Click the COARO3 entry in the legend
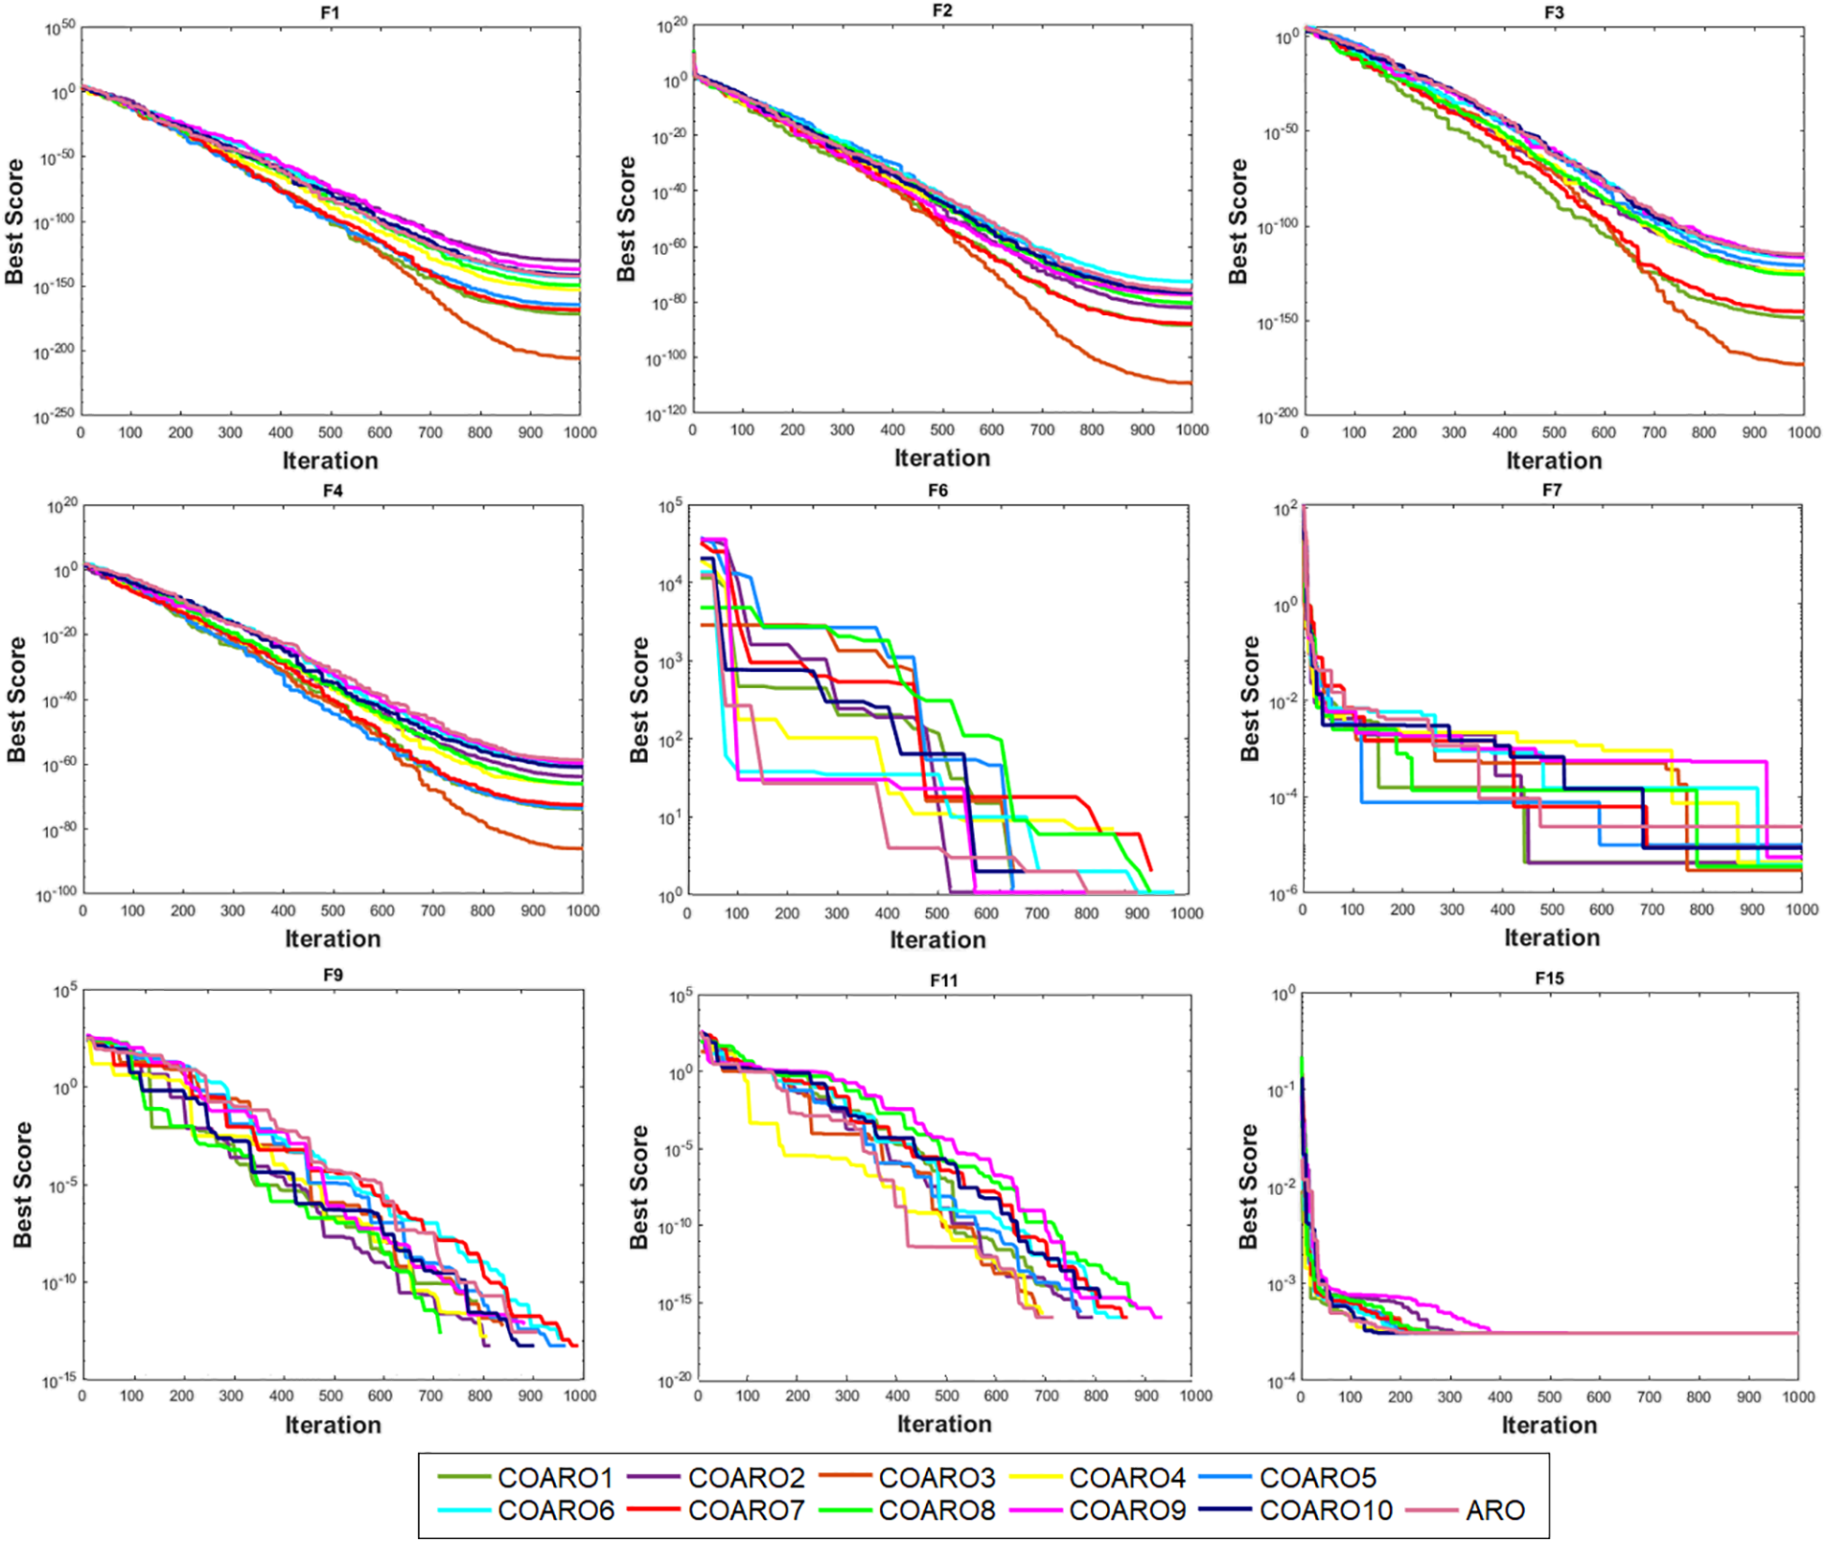936,1478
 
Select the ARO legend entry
1494,1510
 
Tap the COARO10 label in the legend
1325,1510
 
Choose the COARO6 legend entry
555,1510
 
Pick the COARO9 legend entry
1127,1510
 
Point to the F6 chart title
937,491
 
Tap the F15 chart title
1549,978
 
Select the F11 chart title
943,980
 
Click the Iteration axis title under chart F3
1554,461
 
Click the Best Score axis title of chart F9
23,1185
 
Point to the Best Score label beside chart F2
626,219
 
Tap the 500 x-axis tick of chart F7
1552,909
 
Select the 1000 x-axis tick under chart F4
583,910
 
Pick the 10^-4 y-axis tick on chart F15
1282,1381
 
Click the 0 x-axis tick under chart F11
698,1395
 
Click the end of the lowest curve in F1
579,358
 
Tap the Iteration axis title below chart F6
937,940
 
